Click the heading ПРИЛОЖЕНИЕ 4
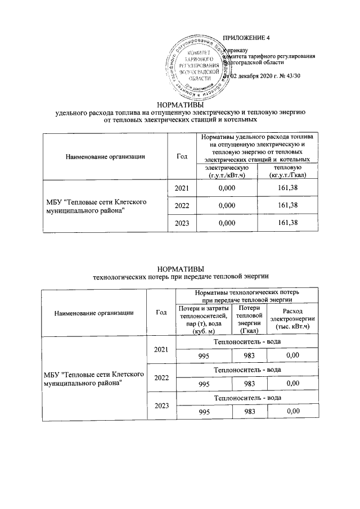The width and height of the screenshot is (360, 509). pyautogui.click(x=247, y=38)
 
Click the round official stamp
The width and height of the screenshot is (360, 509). pyautogui.click(x=197, y=67)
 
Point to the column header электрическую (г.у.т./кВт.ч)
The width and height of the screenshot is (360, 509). pyautogui.click(x=226, y=172)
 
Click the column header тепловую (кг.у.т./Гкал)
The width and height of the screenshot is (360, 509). pyautogui.click(x=287, y=172)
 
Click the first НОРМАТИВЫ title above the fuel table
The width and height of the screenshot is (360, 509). pyautogui.click(x=180, y=104)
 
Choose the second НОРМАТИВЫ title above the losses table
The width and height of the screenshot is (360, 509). pyautogui.click(x=180, y=268)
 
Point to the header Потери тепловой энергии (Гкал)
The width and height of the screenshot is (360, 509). pyautogui.click(x=249, y=319)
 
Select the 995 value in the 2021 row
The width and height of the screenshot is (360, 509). pyautogui.click(x=204, y=355)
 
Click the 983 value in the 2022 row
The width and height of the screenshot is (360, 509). pyautogui.click(x=249, y=384)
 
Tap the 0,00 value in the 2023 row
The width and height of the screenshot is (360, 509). pyautogui.click(x=292, y=412)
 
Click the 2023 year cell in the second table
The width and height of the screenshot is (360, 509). pyautogui.click(x=161, y=405)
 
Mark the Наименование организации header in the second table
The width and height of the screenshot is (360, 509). pyautogui.click(x=94, y=312)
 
